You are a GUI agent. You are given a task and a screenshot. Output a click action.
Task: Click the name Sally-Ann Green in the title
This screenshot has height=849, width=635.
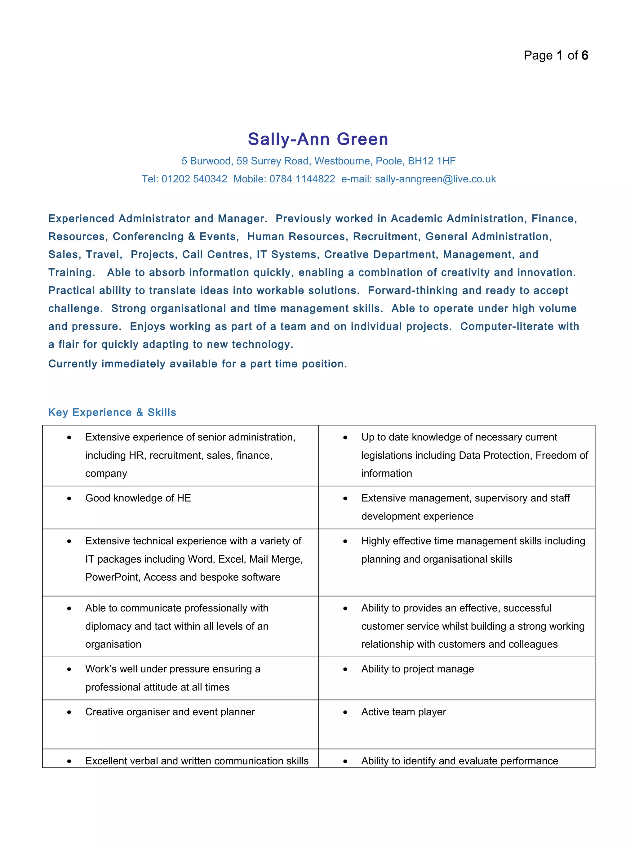318,139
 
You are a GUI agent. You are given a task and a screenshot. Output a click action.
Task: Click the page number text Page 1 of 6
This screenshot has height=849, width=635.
556,56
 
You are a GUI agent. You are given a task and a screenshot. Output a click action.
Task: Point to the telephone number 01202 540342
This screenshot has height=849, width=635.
194,179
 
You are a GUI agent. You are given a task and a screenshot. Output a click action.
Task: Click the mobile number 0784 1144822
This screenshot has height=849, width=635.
302,179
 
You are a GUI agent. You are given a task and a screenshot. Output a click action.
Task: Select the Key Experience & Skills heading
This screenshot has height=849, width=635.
112,412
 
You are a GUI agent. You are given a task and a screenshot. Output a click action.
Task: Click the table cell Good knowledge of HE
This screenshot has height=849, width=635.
138,498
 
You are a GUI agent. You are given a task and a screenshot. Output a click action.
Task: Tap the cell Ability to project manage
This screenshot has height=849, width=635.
417,669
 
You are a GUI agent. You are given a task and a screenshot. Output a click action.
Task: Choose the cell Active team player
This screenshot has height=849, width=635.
404,712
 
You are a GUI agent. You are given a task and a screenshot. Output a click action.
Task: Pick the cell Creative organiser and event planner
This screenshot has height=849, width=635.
170,712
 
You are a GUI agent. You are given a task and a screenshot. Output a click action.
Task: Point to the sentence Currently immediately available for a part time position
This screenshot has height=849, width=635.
198,364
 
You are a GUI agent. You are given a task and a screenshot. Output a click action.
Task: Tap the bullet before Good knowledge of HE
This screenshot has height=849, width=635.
69,498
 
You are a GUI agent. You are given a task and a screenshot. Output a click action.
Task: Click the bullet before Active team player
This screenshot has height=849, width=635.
345,713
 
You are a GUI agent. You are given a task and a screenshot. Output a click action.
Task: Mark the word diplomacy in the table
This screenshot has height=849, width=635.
108,626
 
